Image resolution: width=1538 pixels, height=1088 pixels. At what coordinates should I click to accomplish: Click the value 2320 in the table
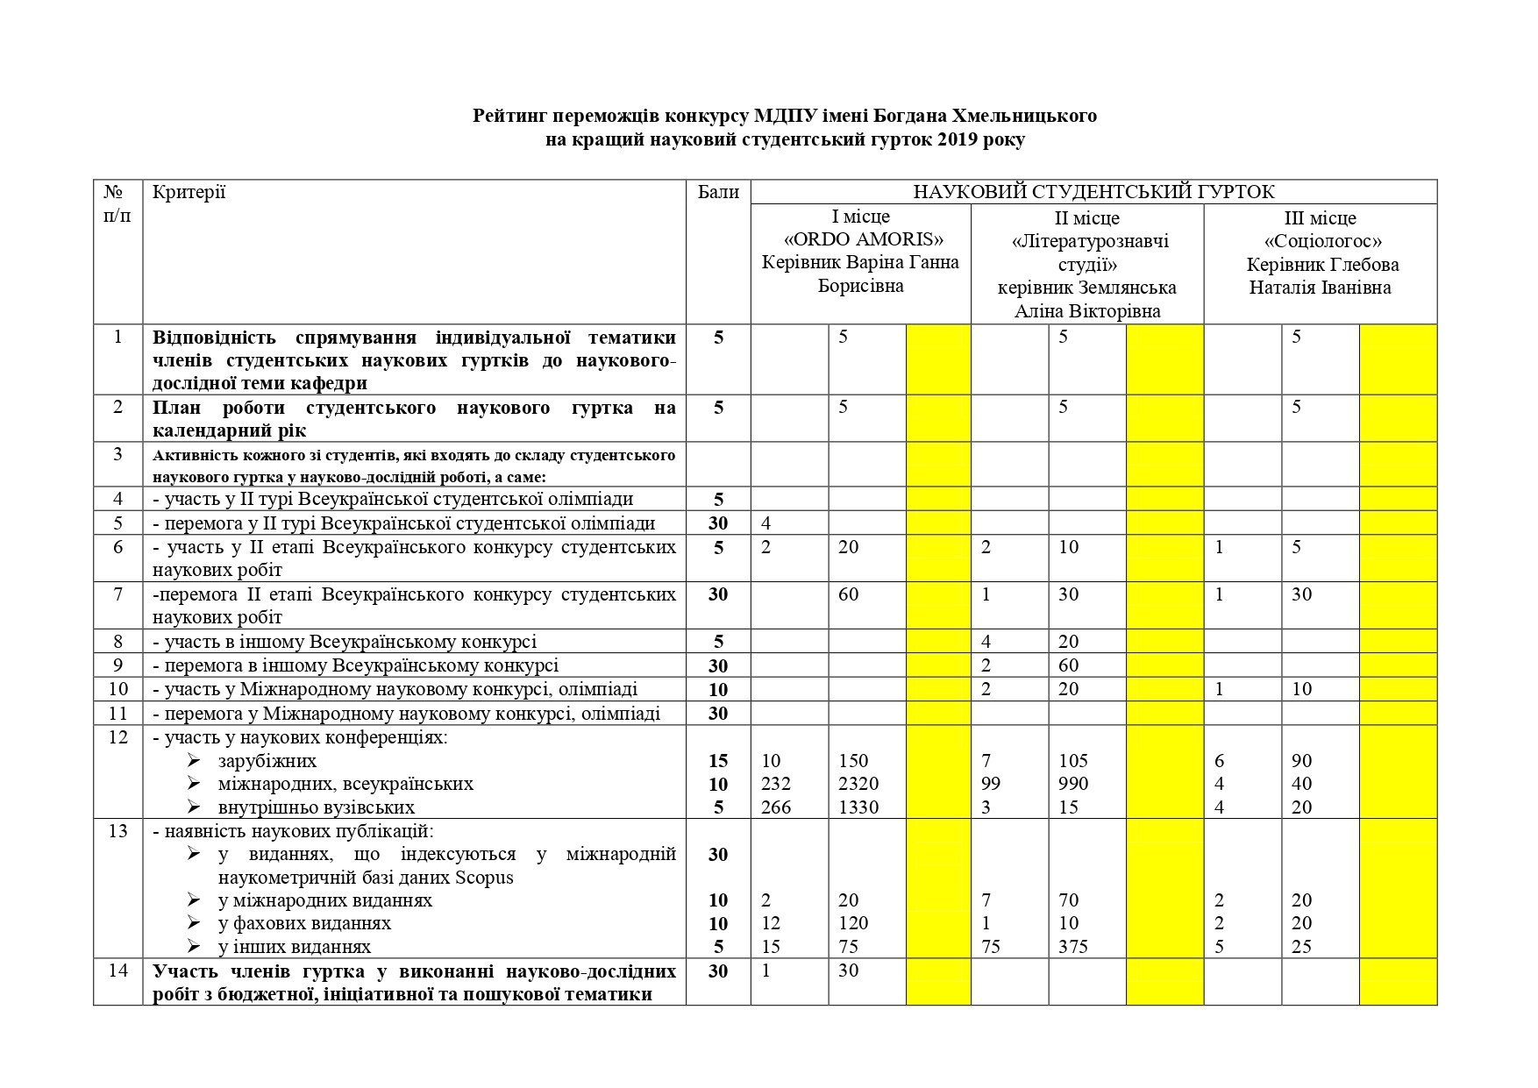(x=858, y=784)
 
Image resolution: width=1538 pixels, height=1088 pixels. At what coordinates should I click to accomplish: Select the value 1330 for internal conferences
(x=858, y=807)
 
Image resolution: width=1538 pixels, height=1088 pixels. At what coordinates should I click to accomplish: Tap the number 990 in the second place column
(x=1073, y=784)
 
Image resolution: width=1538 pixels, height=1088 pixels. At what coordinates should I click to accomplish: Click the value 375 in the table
(x=1073, y=947)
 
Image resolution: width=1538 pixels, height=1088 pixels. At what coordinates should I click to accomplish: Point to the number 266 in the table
(x=776, y=807)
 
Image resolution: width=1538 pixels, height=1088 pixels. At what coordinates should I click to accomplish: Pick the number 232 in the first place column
(x=776, y=784)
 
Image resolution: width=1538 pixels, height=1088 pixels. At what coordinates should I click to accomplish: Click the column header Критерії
(x=189, y=192)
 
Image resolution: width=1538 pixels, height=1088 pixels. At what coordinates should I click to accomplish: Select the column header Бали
(x=718, y=192)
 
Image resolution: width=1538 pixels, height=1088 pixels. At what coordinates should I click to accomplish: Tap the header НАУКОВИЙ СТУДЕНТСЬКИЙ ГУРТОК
(x=1093, y=192)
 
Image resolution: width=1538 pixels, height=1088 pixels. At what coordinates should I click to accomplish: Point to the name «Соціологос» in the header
(x=1323, y=241)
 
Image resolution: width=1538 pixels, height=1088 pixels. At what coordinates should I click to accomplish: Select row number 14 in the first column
(x=118, y=971)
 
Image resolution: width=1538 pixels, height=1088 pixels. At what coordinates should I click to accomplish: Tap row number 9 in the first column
(x=118, y=665)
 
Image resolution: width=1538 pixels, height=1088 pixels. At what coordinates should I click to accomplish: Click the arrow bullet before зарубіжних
(x=194, y=760)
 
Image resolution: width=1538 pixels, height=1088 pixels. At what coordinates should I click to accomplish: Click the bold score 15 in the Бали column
(x=718, y=761)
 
